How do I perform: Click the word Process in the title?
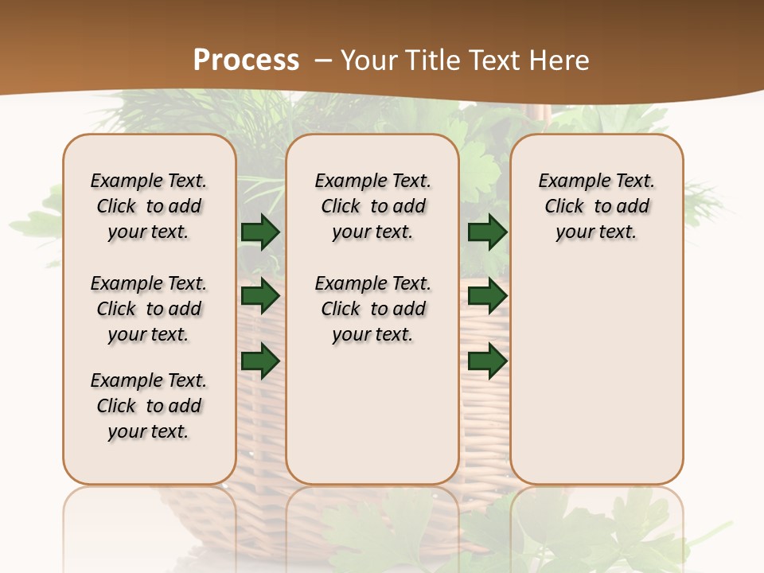(x=246, y=60)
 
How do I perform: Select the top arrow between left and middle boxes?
(x=260, y=232)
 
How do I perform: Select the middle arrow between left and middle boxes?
(x=260, y=297)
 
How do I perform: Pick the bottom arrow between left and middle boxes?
(x=260, y=361)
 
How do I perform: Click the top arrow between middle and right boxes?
(x=487, y=232)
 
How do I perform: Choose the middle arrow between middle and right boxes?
(x=487, y=297)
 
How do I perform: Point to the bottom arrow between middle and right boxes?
(x=487, y=361)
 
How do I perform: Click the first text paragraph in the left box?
(x=149, y=206)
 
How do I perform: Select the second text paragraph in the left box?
(x=149, y=309)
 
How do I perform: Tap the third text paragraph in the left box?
(x=149, y=406)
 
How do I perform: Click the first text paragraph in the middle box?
(x=372, y=206)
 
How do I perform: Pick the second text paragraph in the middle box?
(x=372, y=309)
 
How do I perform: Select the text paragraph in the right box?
(x=596, y=206)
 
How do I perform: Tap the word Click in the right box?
(x=564, y=207)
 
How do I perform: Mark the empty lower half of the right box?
(x=596, y=374)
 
